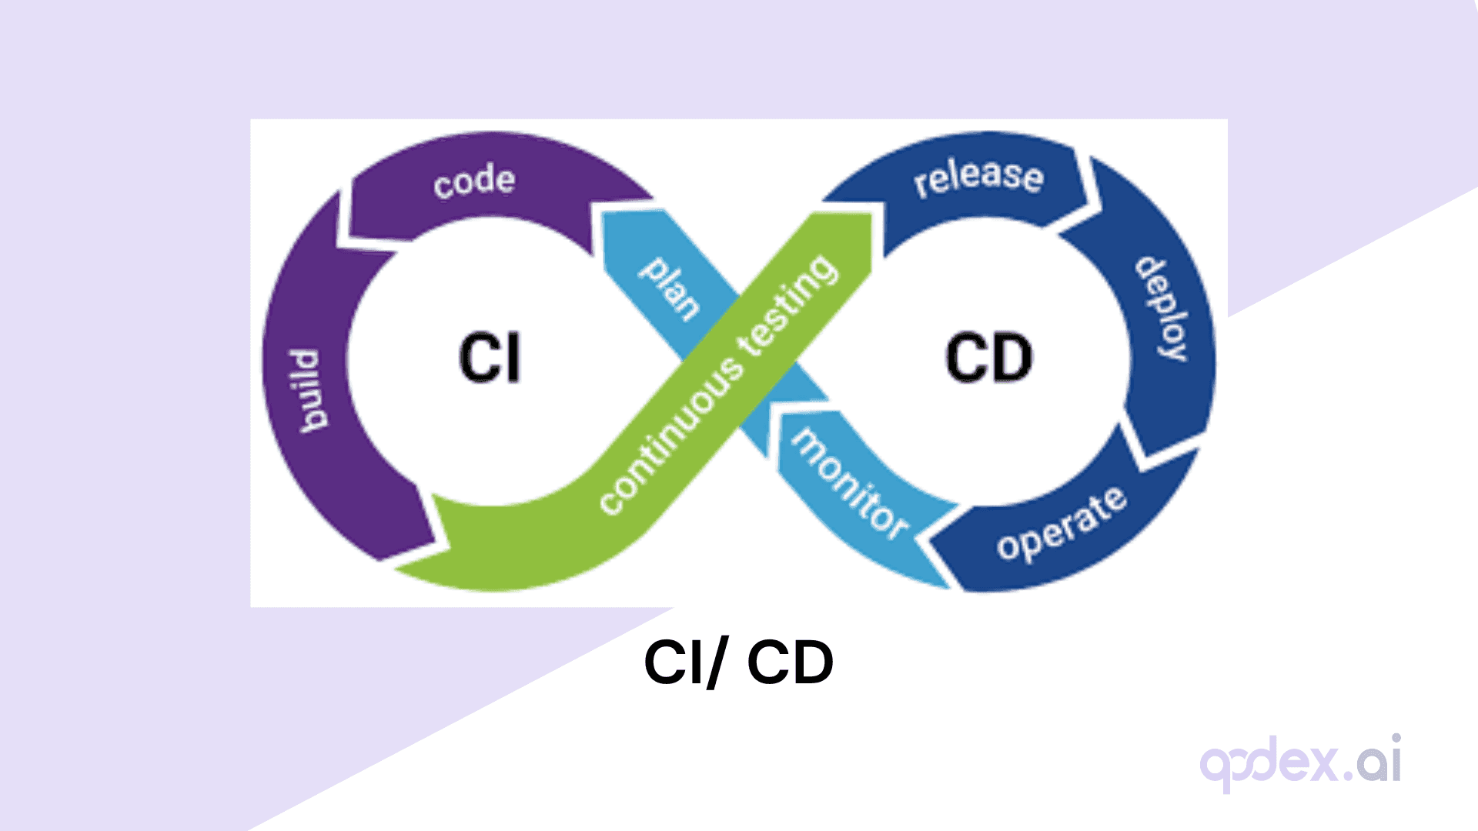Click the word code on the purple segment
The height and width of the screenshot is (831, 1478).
473,182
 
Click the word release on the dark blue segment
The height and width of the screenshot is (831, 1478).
978,177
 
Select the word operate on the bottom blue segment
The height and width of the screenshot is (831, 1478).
1062,524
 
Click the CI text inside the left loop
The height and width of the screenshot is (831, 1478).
490,358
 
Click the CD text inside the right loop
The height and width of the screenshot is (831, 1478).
988,358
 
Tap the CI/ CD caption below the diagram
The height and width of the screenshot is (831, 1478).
738,662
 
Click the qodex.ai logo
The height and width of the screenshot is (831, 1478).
1300,762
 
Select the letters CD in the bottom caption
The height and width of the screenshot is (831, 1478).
790,662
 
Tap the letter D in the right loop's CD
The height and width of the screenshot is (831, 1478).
1012,358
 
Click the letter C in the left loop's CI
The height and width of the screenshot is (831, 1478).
478,358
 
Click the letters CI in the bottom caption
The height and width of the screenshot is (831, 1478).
674,662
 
